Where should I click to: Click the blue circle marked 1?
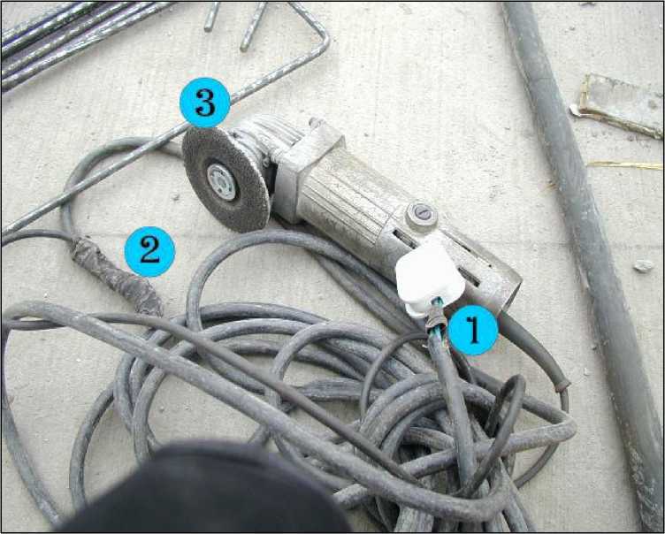tap(472, 330)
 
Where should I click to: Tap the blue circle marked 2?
tap(149, 251)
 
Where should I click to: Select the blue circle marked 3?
tap(205, 103)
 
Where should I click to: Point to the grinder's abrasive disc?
tap(225, 179)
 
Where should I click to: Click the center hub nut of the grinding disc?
tap(222, 182)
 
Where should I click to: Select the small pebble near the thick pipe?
tap(644, 265)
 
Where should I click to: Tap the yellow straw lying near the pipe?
tap(624, 165)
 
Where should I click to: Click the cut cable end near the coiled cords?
tap(563, 385)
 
